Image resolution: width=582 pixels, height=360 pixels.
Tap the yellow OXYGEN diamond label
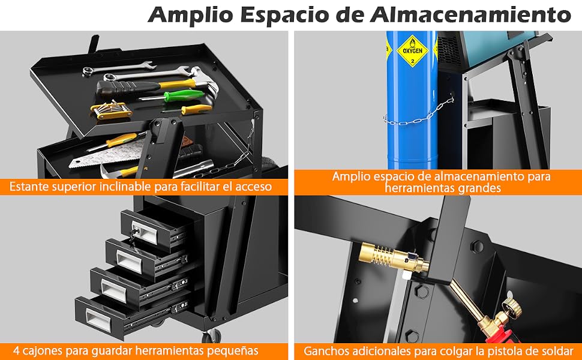pyautogui.click(x=412, y=51)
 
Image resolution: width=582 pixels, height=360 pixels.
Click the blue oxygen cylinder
pyautogui.click(x=412, y=100)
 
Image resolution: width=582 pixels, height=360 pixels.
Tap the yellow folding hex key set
pyautogui.click(x=110, y=110)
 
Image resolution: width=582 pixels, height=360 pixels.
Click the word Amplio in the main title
pyautogui.click(x=191, y=16)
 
